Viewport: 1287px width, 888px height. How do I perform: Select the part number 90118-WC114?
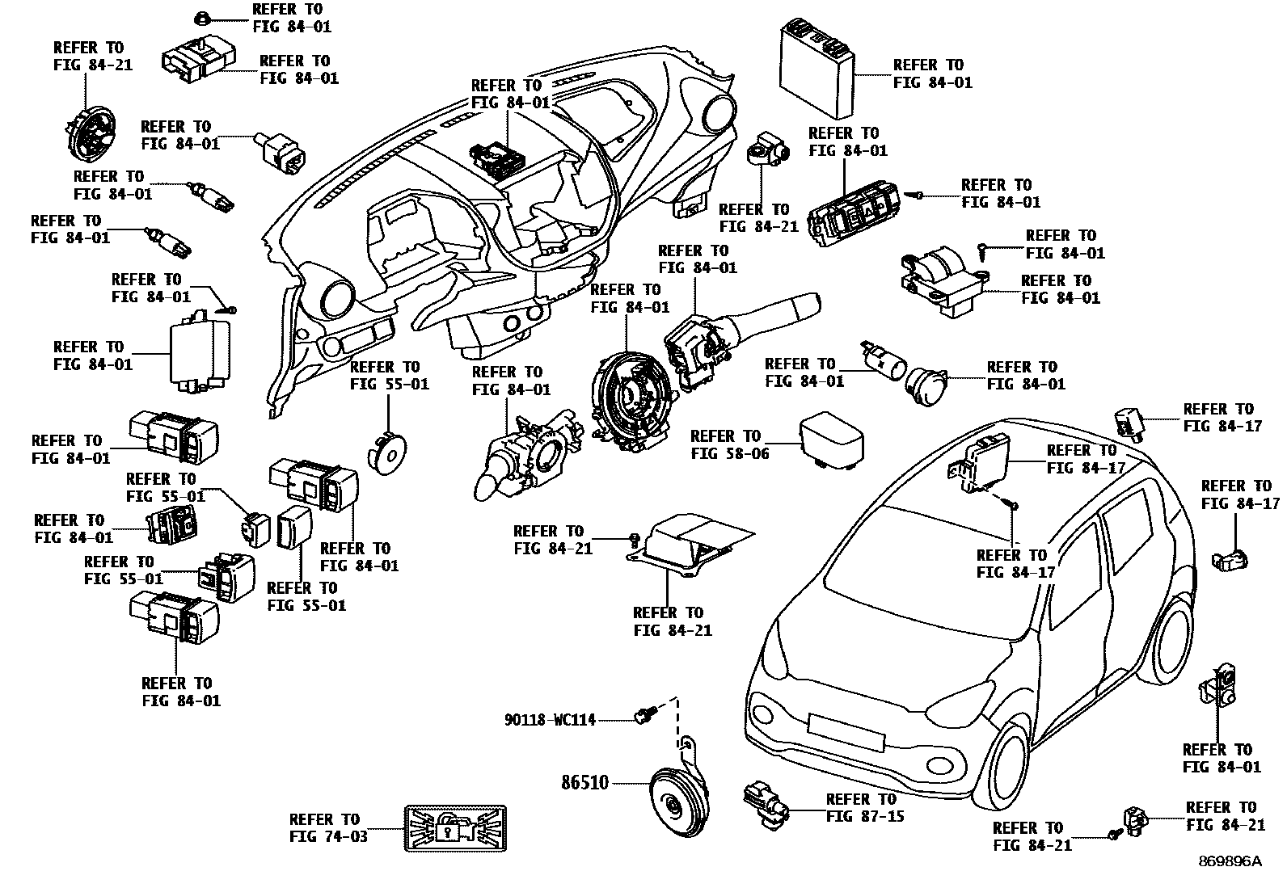tap(551, 719)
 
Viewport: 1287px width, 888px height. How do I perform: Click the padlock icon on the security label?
tap(446, 828)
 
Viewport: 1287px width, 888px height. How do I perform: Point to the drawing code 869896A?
tap(1229, 861)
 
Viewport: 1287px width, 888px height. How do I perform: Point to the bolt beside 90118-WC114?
tap(645, 715)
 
